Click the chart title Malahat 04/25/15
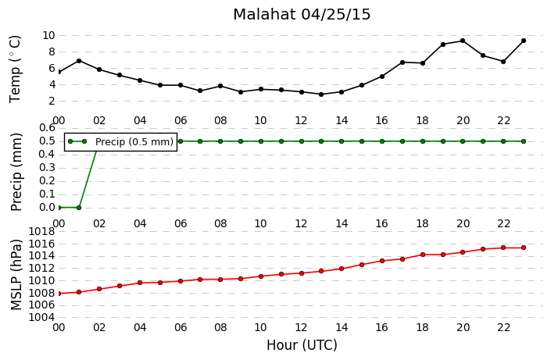[x=302, y=14]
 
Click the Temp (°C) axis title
[x=15, y=70]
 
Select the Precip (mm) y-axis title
[x=16, y=172]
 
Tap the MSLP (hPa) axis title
[x=16, y=275]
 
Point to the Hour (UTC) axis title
[x=302, y=345]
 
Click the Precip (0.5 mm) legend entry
[x=120, y=141]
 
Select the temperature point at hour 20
[x=463, y=41]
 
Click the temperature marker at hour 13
[x=321, y=94]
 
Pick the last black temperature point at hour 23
[x=524, y=41]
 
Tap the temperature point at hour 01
[x=79, y=61]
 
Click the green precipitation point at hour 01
[x=79, y=208]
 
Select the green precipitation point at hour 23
[x=524, y=141]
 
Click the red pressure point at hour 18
[x=423, y=255]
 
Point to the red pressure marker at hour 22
[x=503, y=248]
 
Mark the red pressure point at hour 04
[x=140, y=283]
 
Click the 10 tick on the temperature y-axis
[x=48, y=35]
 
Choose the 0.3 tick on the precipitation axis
[x=47, y=168]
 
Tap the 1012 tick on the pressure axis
[x=42, y=269]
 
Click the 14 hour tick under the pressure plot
[x=342, y=327]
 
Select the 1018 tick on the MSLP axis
[x=42, y=231]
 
